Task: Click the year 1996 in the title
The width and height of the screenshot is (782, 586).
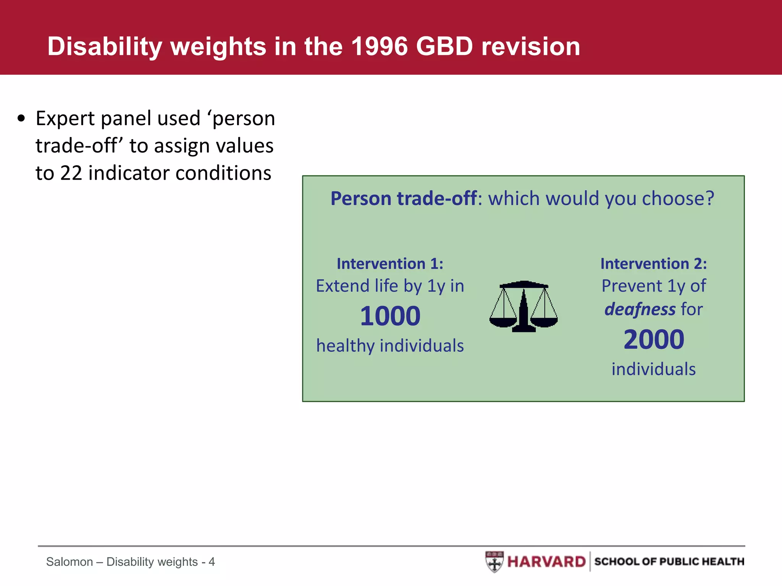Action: (x=380, y=47)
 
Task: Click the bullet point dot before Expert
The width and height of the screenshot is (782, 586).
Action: (x=21, y=119)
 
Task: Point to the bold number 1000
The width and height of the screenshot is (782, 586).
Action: (x=390, y=316)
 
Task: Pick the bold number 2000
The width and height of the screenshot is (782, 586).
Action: (x=653, y=340)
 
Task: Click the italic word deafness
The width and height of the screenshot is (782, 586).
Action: (x=640, y=309)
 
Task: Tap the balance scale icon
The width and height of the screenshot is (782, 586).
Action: (x=523, y=306)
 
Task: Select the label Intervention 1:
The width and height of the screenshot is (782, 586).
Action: (x=390, y=264)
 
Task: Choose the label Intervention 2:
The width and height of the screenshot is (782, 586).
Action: (x=653, y=264)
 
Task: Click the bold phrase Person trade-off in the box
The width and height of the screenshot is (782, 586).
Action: (x=403, y=198)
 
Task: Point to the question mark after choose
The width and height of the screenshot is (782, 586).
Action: (x=709, y=198)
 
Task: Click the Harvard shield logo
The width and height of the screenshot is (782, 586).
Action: (x=494, y=562)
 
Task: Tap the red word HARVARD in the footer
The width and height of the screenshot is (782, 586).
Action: (x=546, y=562)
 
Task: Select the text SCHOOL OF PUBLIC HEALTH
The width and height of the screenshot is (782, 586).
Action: (x=669, y=562)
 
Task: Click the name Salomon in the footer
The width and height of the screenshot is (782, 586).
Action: (x=69, y=562)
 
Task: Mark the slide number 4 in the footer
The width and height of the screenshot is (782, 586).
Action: (x=212, y=562)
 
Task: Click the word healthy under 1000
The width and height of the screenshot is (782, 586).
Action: (x=345, y=346)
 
